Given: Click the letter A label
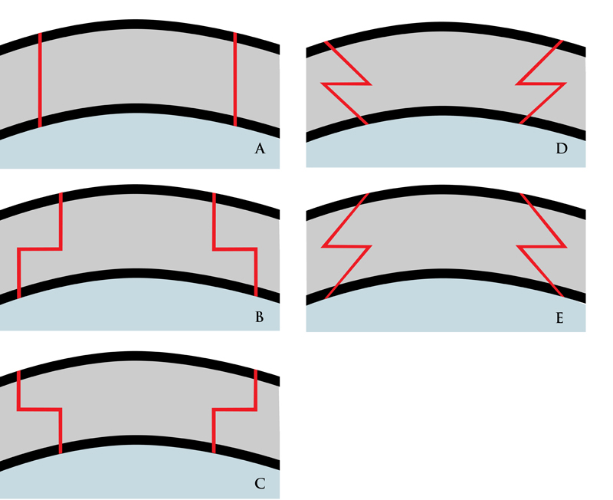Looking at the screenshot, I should tap(259, 150).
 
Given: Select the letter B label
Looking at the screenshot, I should tap(259, 316).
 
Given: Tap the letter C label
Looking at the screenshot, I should tap(259, 483).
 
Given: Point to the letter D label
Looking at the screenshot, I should tap(562, 150).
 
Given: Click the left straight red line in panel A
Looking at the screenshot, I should tap(40, 81).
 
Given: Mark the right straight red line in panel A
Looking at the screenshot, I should tap(235, 81).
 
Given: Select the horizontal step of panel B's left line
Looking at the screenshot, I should tap(38, 248).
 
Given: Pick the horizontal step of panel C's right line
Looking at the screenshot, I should tap(234, 410).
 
